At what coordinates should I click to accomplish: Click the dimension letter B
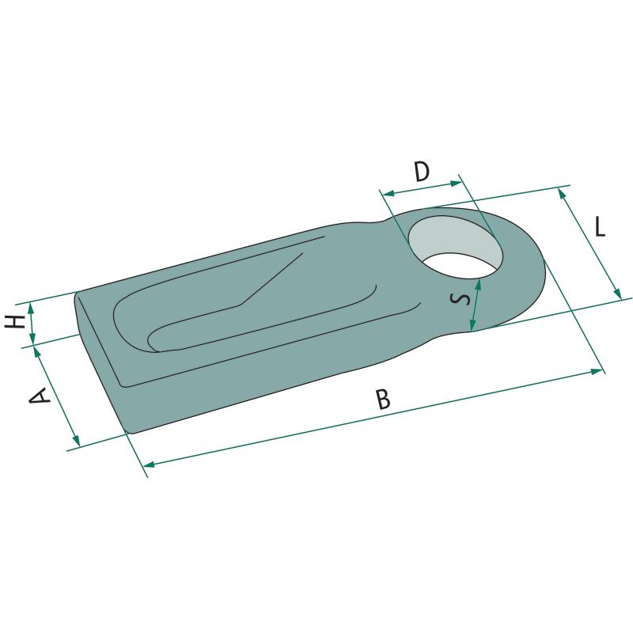[x=383, y=400]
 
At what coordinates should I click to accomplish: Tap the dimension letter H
[x=15, y=322]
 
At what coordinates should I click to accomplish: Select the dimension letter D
[x=422, y=172]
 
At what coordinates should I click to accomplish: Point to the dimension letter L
[x=601, y=226]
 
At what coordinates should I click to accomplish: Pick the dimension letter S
[x=461, y=299]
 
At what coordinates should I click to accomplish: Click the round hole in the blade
[x=456, y=247]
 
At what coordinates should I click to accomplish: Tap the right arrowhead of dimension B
[x=597, y=371]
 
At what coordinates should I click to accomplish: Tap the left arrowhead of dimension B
[x=150, y=464]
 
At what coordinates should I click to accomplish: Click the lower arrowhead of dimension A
[x=76, y=440]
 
